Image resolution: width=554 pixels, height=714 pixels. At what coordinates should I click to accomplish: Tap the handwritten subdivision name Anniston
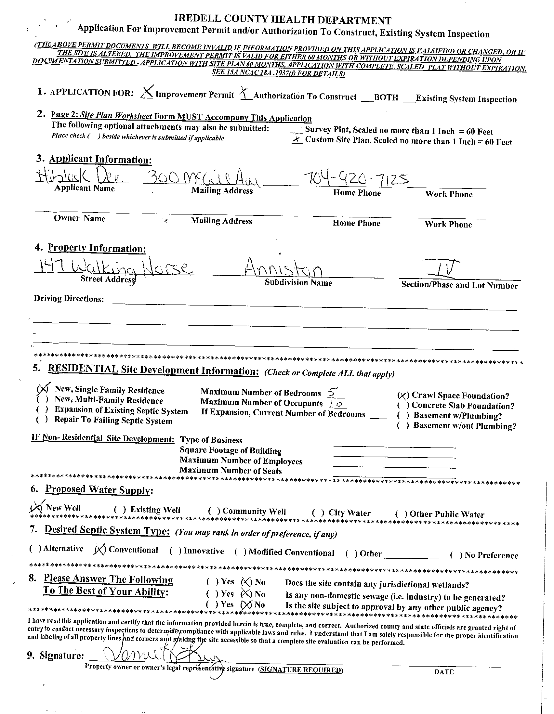pyautogui.click(x=284, y=269)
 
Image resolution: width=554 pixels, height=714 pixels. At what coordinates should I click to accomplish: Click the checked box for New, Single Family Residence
pyautogui.click(x=43, y=389)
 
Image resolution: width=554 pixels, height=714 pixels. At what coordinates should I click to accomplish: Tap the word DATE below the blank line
pyautogui.click(x=444, y=672)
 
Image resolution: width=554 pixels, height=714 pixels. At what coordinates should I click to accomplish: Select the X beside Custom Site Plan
pyautogui.click(x=296, y=140)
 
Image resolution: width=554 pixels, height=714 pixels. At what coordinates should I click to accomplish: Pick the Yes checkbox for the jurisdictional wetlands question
pyautogui.click(x=212, y=582)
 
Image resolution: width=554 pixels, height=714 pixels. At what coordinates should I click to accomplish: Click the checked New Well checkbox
pyautogui.click(x=36, y=507)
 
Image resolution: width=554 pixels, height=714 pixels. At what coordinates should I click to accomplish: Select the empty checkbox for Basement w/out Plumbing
pyautogui.click(x=403, y=425)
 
